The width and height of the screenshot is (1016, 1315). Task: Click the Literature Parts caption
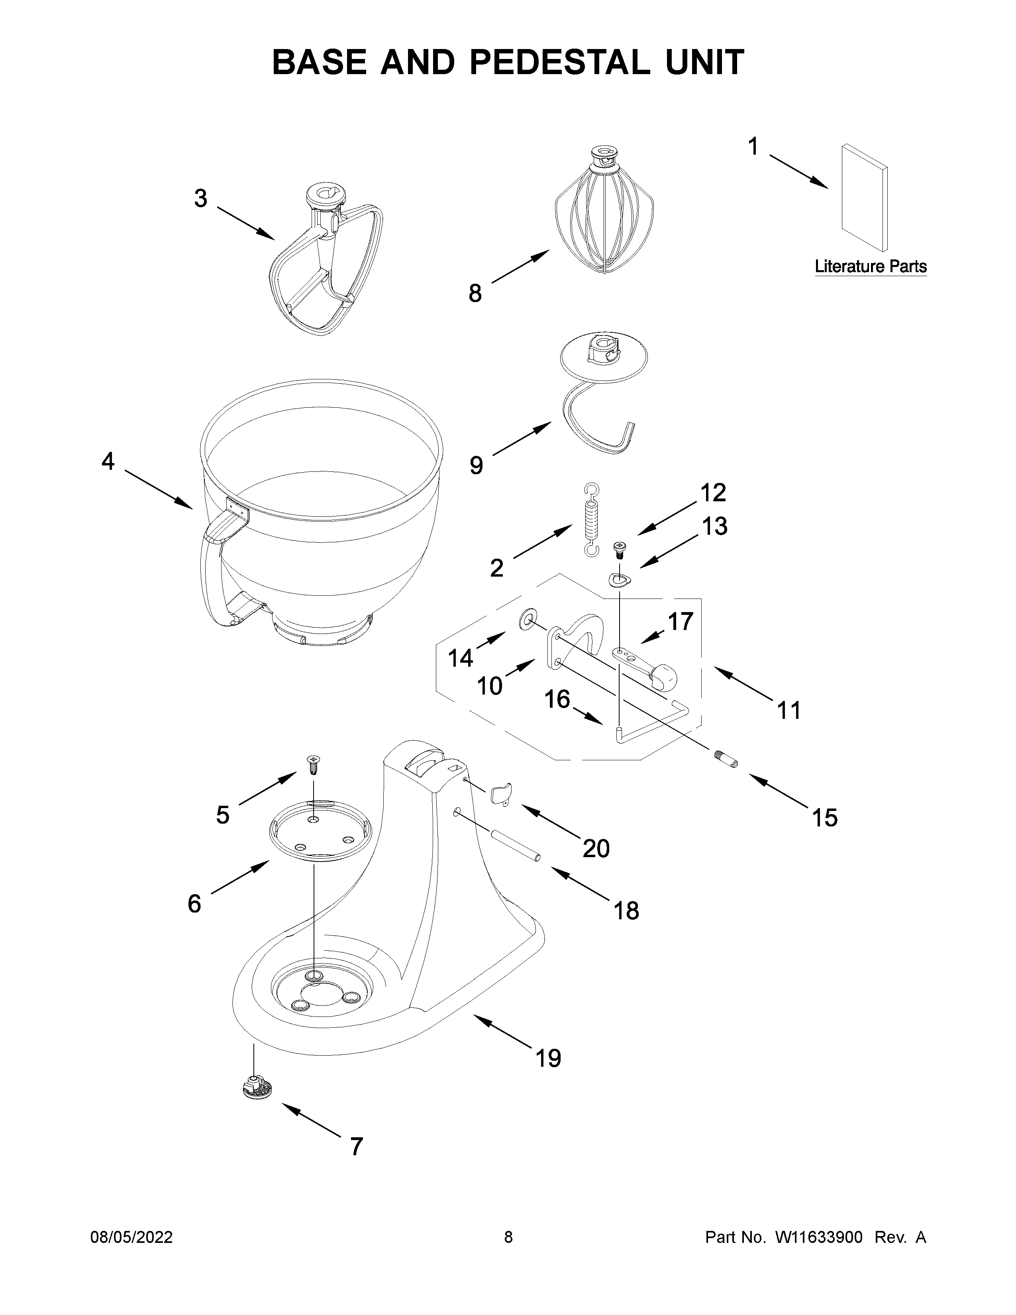pyautogui.click(x=870, y=266)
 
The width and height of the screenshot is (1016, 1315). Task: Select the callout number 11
pyautogui.click(x=788, y=710)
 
